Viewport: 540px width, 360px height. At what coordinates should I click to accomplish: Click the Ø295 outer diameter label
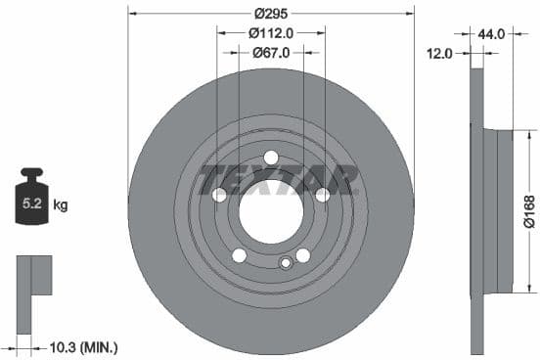(271, 14)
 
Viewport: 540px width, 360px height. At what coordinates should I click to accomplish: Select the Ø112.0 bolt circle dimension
(271, 33)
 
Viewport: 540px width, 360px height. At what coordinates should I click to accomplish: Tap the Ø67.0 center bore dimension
(271, 53)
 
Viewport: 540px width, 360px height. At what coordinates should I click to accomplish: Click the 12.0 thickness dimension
(441, 53)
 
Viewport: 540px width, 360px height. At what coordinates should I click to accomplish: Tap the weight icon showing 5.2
(30, 204)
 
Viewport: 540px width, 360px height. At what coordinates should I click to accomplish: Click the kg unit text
(60, 205)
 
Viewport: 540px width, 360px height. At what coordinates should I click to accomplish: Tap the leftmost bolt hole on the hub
(220, 195)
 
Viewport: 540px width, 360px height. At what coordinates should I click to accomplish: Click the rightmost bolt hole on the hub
(322, 195)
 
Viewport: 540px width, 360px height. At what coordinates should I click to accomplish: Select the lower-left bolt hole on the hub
(239, 255)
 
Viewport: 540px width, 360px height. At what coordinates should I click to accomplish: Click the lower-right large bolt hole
(303, 255)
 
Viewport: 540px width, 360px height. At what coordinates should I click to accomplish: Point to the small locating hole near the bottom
(286, 262)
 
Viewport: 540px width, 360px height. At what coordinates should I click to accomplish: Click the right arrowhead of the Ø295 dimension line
(408, 14)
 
